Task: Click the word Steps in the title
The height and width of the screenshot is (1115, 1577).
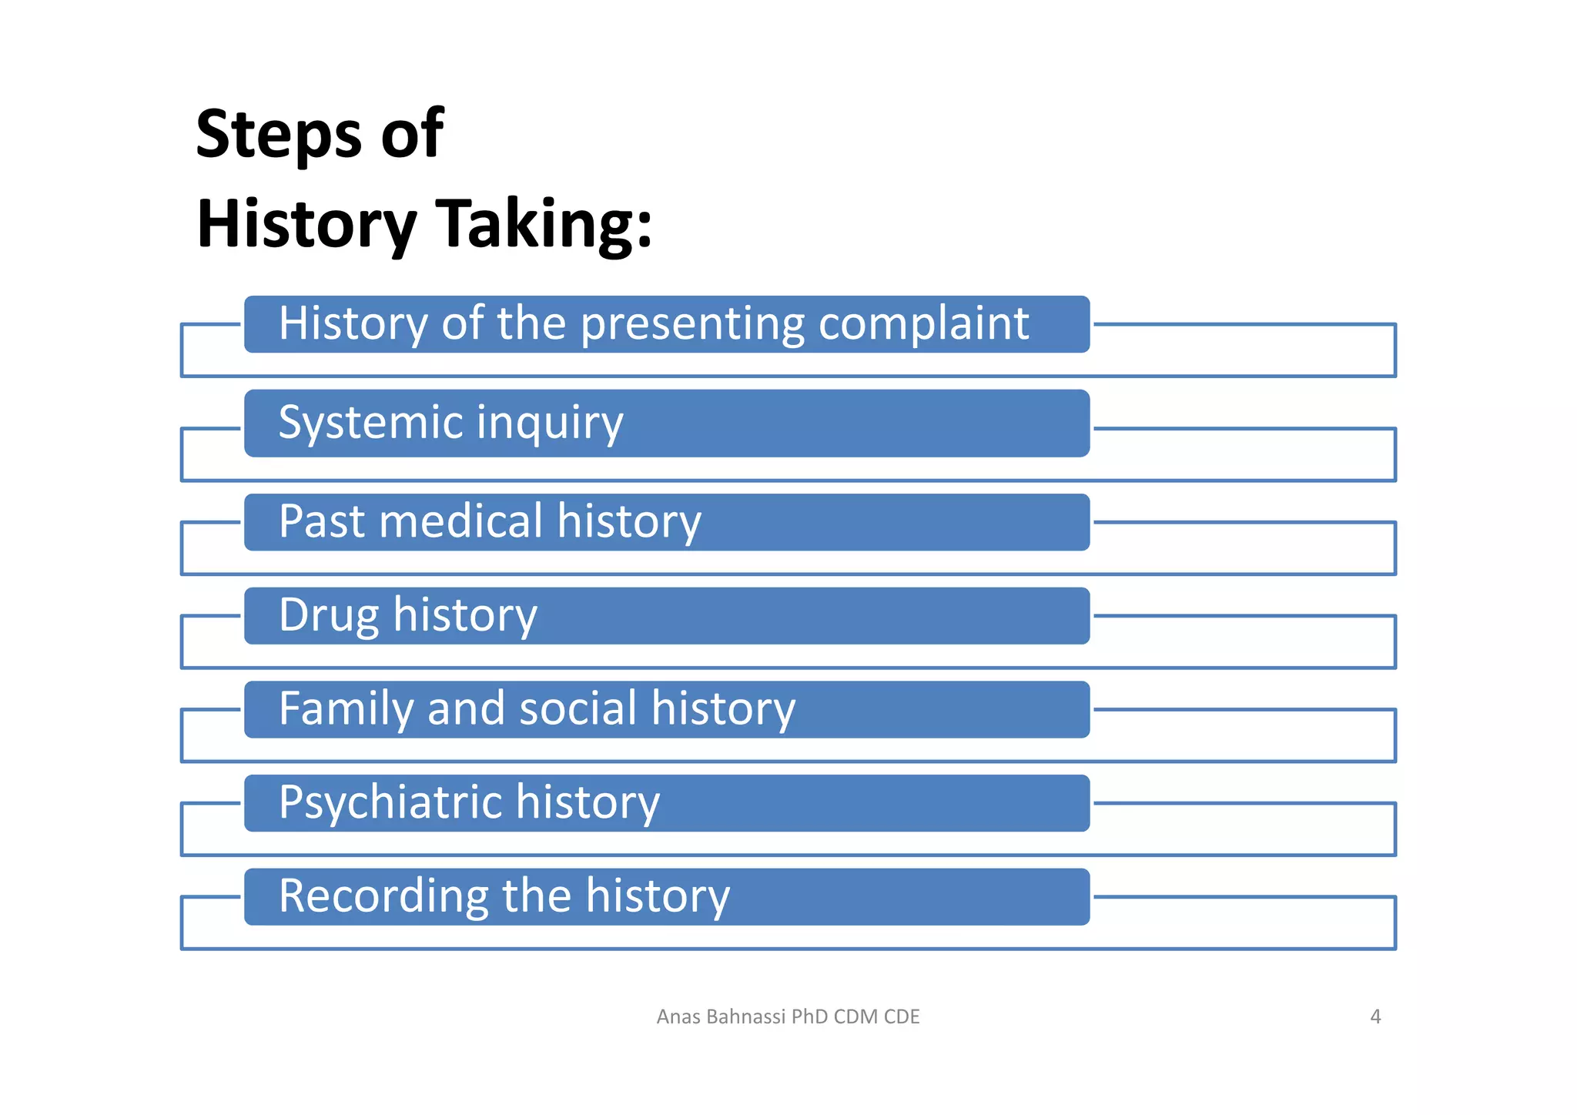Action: pos(278,135)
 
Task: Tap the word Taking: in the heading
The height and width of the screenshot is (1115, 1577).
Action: pos(544,224)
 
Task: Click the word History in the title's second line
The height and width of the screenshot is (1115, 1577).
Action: pos(306,224)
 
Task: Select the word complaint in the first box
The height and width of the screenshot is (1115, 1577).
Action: pos(923,323)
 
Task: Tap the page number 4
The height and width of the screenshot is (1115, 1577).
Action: pos(1375,1016)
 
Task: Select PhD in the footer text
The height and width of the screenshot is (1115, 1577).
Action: pos(810,1016)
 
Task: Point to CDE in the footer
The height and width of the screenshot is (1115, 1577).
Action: pos(902,1016)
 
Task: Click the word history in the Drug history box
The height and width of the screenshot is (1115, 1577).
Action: pos(465,615)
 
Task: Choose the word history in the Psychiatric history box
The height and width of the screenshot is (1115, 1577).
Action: pos(588,803)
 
